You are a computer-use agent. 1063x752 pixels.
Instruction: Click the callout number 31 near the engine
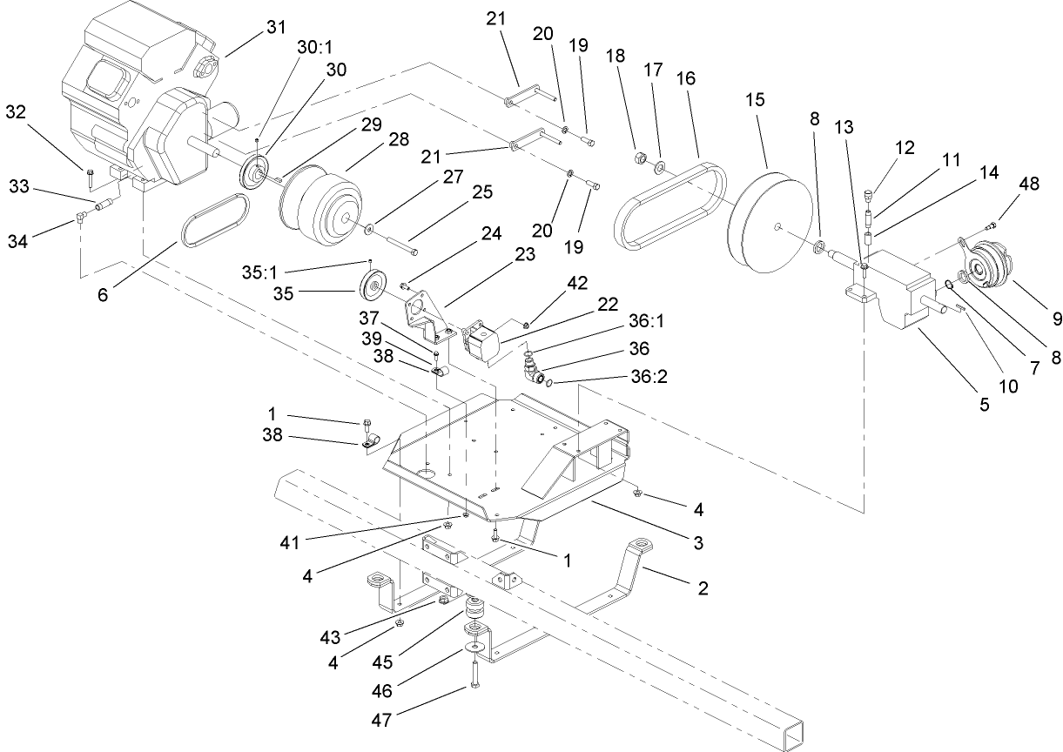(x=275, y=27)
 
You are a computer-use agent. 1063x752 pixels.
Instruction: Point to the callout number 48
(x=1028, y=185)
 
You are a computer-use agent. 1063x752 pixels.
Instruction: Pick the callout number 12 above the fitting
(x=905, y=148)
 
